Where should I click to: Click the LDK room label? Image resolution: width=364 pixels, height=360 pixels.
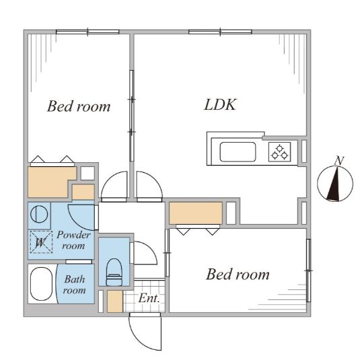(220, 105)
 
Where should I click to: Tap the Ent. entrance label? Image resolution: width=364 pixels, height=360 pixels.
(149, 298)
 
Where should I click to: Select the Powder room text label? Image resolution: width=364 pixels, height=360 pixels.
(73, 240)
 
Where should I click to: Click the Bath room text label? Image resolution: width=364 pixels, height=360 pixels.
(75, 285)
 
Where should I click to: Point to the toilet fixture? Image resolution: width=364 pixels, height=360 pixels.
(114, 272)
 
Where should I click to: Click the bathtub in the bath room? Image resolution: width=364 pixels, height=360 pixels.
(41, 284)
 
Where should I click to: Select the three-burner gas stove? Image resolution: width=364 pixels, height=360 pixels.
(279, 152)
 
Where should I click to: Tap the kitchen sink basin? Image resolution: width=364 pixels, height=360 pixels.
(238, 152)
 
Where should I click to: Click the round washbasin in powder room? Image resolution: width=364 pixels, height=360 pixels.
(39, 214)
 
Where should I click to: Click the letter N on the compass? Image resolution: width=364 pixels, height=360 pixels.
(339, 161)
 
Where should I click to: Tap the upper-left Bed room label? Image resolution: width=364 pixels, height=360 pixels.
(79, 106)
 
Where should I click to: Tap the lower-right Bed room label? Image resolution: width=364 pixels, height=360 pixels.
(238, 274)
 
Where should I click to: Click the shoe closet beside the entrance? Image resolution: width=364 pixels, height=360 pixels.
(115, 301)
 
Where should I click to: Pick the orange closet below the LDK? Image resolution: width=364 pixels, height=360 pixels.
(196, 213)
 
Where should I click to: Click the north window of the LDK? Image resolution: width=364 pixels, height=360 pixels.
(220, 32)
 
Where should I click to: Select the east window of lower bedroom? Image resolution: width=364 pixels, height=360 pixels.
(308, 271)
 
